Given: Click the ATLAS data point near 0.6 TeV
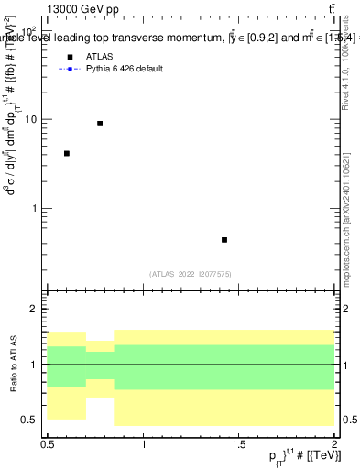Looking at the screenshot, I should (67, 153).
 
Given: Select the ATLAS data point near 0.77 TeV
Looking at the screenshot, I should (100, 123).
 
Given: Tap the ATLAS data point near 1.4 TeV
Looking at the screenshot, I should (224, 240).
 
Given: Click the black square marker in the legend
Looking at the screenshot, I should (68, 56).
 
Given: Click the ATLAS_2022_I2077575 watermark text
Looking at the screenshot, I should (190, 273).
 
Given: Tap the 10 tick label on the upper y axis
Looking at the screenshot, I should (30, 119).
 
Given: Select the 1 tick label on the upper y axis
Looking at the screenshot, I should (35, 208).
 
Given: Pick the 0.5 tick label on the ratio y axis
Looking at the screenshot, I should (29, 420).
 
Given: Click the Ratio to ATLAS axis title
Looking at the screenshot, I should (12, 365).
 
